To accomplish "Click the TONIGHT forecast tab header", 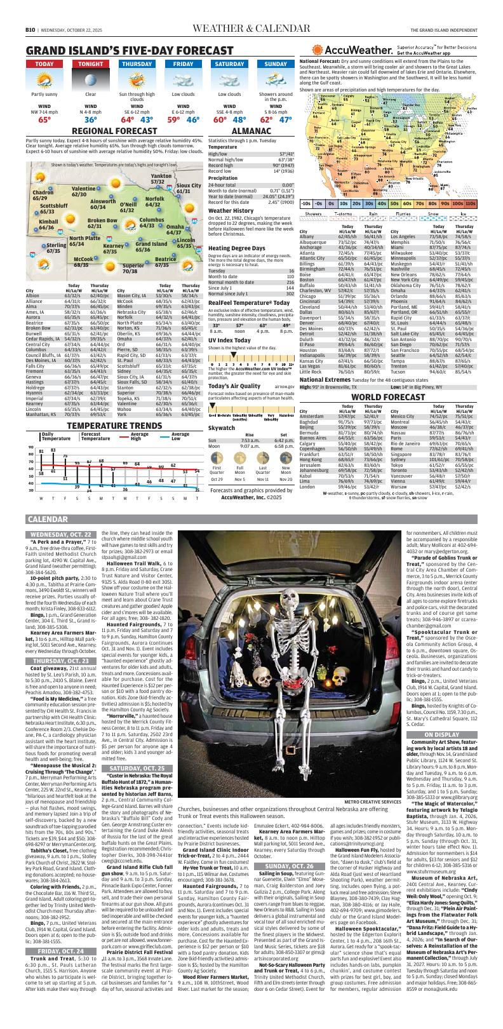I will click(91, 64).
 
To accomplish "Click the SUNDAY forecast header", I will click(276, 64).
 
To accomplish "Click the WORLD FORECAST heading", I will click(392, 342).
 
